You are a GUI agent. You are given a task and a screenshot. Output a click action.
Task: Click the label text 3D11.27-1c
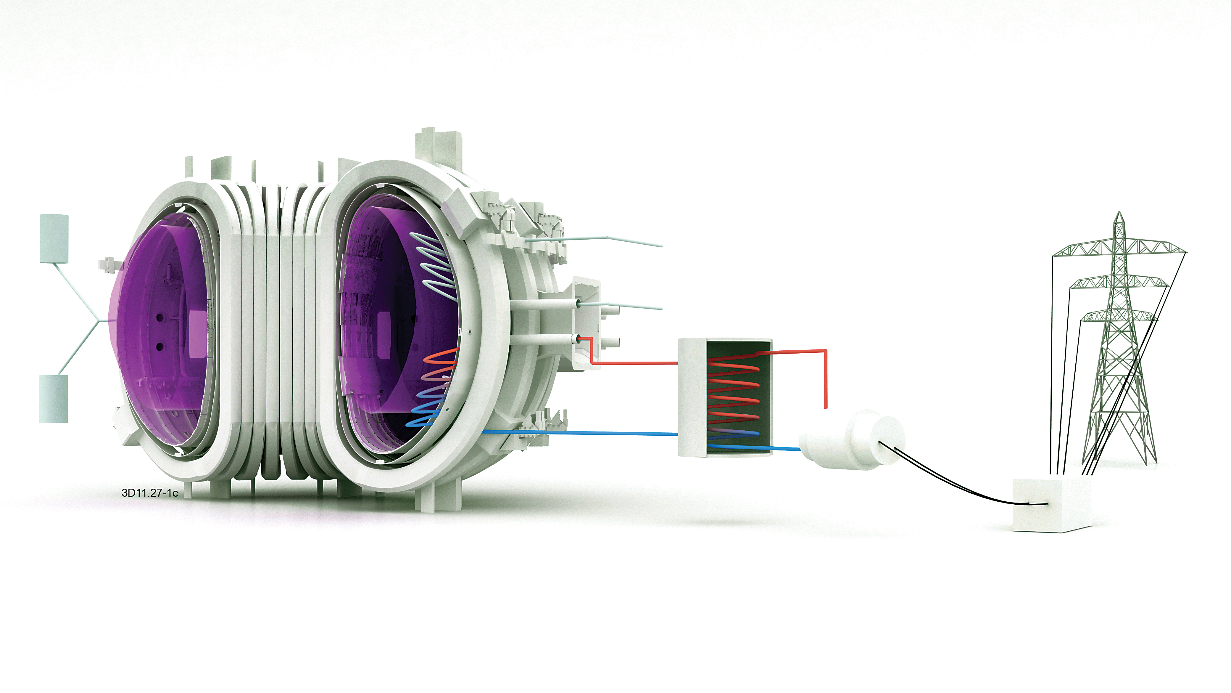(149, 493)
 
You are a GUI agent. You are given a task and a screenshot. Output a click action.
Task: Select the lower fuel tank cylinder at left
(54, 398)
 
